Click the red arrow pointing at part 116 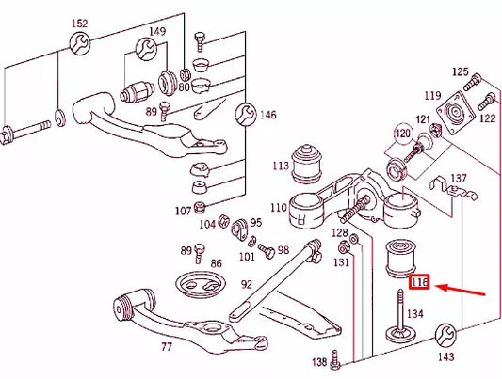coord(462,288)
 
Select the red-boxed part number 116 coord(419,282)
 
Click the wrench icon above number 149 coord(146,49)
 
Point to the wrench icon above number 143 coord(446,335)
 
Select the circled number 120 coord(403,134)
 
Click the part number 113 coord(281,167)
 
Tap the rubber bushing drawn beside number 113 coord(306,162)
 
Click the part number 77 coord(167,347)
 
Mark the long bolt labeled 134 coord(399,315)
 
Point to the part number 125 coord(460,71)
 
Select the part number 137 coord(459,178)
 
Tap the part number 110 coord(278,207)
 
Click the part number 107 coord(182,211)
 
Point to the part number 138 coord(319,361)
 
